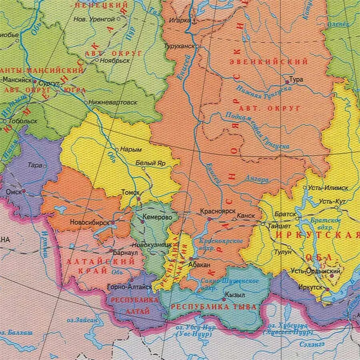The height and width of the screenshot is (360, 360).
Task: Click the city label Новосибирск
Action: (90, 222)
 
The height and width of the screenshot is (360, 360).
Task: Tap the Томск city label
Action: (130, 192)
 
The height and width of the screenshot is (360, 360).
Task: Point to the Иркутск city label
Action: (310, 287)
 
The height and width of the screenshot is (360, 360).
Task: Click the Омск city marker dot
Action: (24, 192)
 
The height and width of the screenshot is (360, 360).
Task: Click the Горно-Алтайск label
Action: (129, 287)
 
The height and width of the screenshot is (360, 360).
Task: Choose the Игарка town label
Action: (180, 20)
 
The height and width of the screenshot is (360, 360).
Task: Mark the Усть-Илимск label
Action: (328, 188)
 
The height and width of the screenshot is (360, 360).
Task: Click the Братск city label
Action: (286, 214)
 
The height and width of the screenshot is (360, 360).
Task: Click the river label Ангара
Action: (257, 180)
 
